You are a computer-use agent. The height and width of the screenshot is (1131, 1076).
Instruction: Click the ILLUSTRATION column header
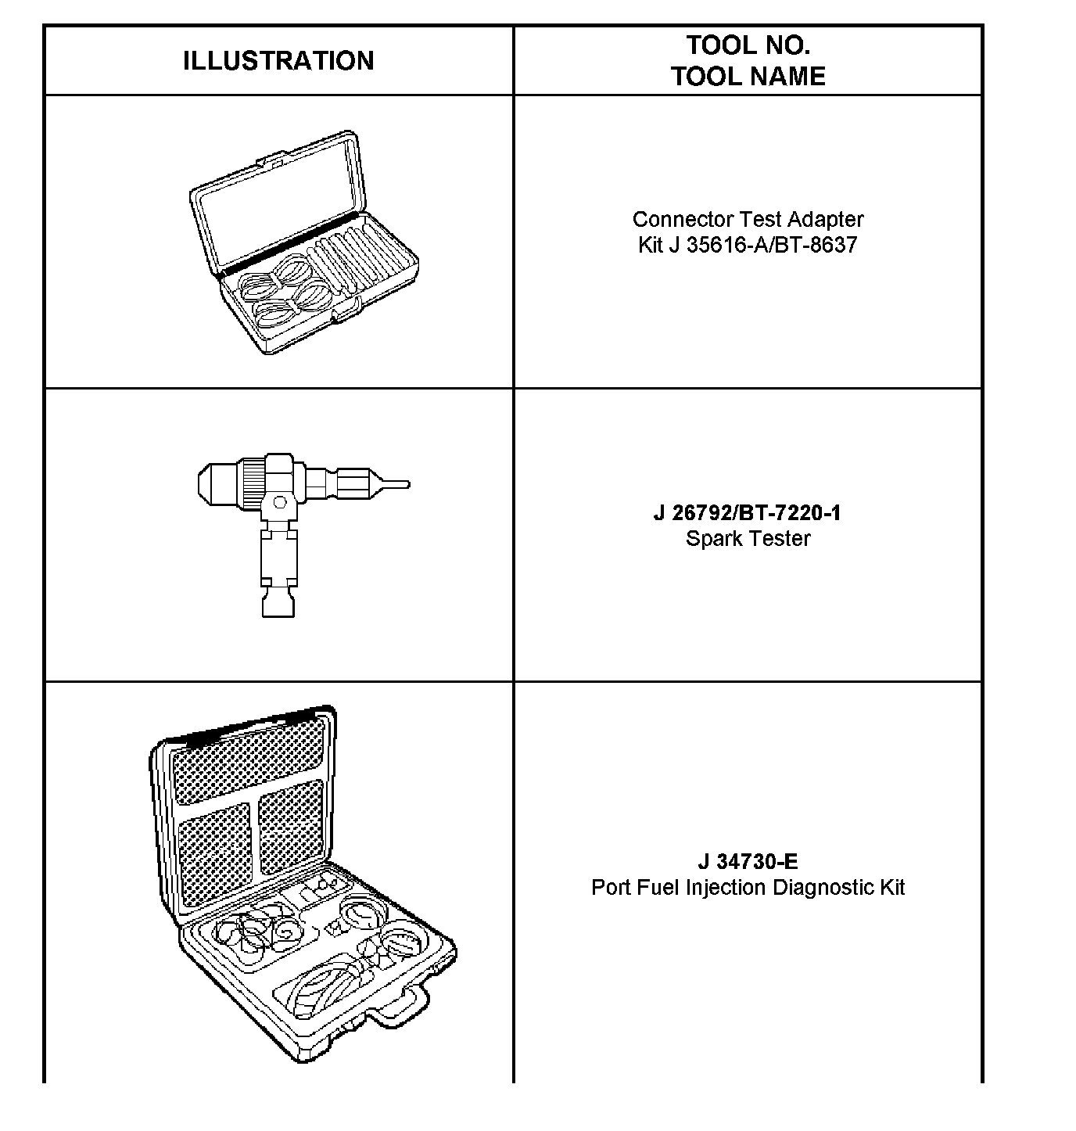[x=278, y=61]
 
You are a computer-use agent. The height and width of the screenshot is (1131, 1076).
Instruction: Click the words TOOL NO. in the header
[x=748, y=45]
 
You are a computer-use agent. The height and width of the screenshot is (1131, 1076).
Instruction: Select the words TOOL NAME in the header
[x=748, y=77]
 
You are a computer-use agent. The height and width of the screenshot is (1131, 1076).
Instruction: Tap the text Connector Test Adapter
[x=748, y=219]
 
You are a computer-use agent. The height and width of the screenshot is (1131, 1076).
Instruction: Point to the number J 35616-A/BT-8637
[x=762, y=245]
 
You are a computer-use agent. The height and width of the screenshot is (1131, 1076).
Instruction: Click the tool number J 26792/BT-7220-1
[x=748, y=513]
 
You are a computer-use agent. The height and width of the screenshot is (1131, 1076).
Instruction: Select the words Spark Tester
[x=748, y=538]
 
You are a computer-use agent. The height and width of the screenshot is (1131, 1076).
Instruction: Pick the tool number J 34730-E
[x=748, y=862]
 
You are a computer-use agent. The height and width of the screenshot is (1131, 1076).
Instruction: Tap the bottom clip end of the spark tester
[x=278, y=604]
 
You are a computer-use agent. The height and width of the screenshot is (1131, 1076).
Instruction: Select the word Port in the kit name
[x=608, y=888]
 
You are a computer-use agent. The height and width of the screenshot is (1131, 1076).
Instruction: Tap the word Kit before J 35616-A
[x=650, y=245]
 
